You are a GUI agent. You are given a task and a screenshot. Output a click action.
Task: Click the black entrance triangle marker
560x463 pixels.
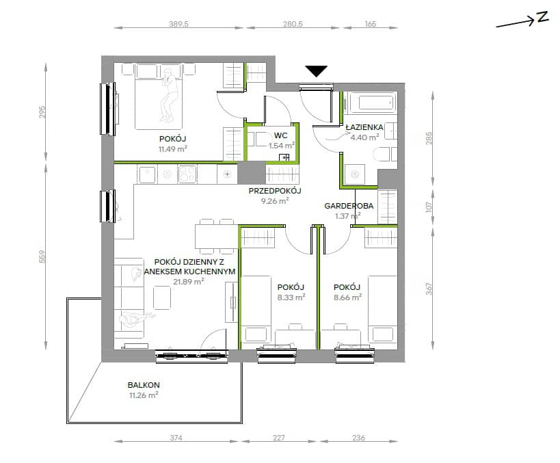click(317, 71)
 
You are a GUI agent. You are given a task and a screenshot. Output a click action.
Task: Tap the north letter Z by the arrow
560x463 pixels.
click(542, 17)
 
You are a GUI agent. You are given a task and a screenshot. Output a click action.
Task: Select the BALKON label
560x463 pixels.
click(144, 385)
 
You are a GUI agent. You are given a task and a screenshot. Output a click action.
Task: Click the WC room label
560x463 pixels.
click(281, 135)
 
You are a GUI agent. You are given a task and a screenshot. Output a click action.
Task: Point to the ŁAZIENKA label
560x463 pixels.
click(364, 127)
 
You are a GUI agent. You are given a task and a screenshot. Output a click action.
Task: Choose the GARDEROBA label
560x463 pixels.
click(349, 206)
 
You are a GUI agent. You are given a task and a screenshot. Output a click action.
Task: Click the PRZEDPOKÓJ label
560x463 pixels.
click(275, 191)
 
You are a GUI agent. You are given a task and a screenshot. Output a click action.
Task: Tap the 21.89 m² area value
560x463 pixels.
click(189, 282)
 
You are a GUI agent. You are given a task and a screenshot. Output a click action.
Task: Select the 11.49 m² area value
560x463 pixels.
click(173, 149)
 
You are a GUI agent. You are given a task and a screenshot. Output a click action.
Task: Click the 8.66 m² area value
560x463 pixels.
click(347, 297)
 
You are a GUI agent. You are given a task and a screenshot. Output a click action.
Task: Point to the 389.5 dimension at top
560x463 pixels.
click(178, 24)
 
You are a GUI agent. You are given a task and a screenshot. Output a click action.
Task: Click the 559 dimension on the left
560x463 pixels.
click(42, 257)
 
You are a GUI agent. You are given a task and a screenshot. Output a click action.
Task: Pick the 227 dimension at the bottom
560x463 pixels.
click(278, 438)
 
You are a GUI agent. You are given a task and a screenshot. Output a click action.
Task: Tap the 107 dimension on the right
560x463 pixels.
click(429, 207)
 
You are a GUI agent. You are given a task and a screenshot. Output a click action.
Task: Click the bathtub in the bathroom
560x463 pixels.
click(372, 103)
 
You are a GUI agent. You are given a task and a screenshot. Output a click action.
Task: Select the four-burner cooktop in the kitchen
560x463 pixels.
click(187, 174)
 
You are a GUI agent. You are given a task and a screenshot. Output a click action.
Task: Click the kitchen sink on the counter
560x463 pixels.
click(147, 174)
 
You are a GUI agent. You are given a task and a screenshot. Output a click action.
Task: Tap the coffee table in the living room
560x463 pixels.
click(162, 297)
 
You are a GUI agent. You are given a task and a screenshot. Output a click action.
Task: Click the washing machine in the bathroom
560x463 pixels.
click(355, 174)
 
